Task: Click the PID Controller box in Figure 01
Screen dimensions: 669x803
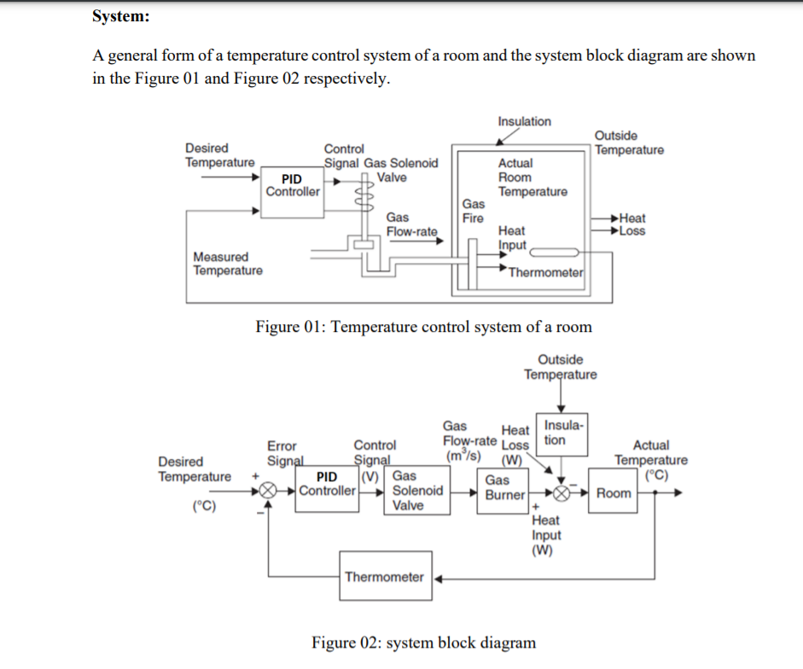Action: pos(293,184)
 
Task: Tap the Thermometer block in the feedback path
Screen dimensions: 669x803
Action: pos(384,577)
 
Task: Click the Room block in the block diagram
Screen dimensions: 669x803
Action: pos(614,493)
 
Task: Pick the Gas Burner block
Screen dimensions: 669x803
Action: pos(504,488)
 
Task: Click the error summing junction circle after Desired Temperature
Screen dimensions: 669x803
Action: pos(267,492)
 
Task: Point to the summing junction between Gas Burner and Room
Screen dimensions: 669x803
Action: pos(560,494)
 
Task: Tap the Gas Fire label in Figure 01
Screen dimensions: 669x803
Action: pos(474,211)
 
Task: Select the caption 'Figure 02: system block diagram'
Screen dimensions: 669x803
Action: pos(423,643)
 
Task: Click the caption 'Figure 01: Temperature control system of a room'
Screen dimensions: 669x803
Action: pos(424,327)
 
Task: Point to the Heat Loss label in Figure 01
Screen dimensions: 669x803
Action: pos(632,224)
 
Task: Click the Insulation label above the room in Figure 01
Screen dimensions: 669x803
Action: pos(524,121)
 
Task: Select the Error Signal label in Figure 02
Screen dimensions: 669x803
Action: pos(283,453)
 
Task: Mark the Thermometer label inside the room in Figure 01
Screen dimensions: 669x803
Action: pos(545,272)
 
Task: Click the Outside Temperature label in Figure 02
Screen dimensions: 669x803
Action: pos(561,367)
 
